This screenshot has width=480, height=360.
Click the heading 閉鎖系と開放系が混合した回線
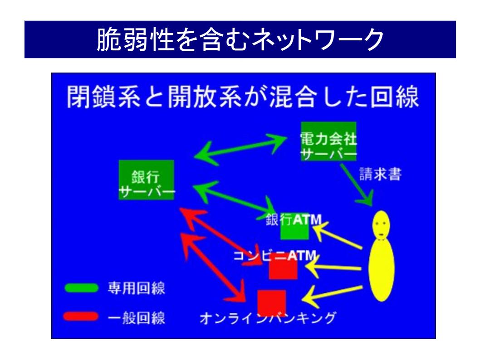243,97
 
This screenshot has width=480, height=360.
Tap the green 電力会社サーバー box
328,141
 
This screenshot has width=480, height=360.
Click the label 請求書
380,175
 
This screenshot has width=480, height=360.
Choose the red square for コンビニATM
283,269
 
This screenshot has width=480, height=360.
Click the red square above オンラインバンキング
271,302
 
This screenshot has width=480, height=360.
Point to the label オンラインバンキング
268,318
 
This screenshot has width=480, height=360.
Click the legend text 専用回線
136,289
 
